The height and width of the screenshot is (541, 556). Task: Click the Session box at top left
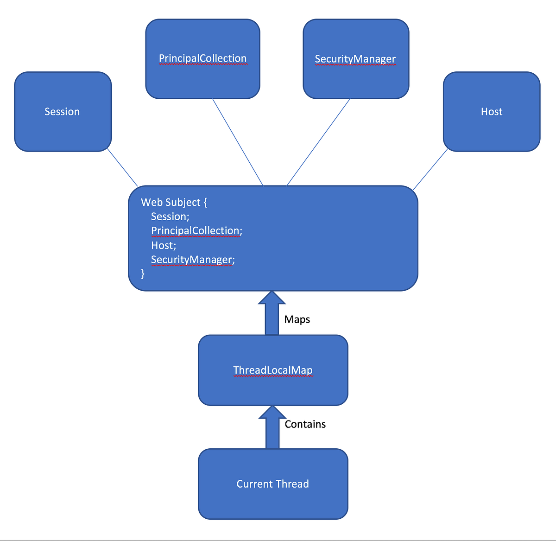pos(63,112)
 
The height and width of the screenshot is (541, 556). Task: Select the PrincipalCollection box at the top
pos(202,59)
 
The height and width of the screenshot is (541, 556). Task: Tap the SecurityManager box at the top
pos(355,59)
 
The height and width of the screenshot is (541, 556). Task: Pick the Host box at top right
pos(491,112)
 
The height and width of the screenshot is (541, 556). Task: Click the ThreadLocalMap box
pos(272,370)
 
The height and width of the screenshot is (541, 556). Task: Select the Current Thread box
pos(272,484)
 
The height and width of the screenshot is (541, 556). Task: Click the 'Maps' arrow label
pos(297,319)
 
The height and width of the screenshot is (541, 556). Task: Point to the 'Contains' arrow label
pos(305,424)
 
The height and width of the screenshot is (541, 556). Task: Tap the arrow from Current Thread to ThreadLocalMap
pos(272,428)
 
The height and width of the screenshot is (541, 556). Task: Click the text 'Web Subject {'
pos(174,202)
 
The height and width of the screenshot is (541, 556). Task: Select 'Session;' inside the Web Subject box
pos(170,216)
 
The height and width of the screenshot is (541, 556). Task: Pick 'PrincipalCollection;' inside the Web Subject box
pos(196,231)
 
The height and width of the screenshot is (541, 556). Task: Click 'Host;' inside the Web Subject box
pos(164,245)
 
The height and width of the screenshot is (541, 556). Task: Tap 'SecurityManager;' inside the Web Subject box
pos(193,260)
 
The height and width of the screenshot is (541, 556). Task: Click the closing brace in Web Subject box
pos(143,274)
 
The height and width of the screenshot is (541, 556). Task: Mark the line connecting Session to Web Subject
pos(122,167)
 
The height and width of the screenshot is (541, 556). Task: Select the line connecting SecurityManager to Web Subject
pos(319,142)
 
